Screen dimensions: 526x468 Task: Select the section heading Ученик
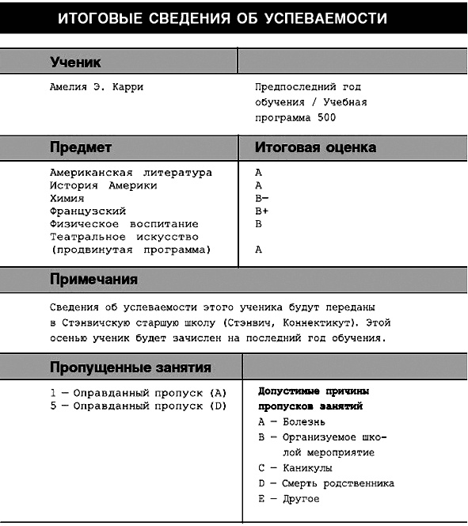(75, 62)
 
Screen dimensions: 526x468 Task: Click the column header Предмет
(81, 147)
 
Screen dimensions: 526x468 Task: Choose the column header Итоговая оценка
(315, 147)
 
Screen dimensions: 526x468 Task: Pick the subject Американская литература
(131, 173)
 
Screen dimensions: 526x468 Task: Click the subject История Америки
(103, 185)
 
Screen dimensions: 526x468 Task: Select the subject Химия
(67, 198)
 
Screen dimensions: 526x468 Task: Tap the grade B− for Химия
(262, 198)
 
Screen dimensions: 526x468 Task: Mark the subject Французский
(88, 211)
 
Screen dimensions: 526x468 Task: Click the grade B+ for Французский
(262, 211)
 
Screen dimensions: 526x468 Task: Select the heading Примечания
(93, 280)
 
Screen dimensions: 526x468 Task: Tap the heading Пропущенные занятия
(131, 367)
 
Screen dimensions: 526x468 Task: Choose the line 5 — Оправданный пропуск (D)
(139, 406)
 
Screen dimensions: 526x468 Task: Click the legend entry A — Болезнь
(291, 421)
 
